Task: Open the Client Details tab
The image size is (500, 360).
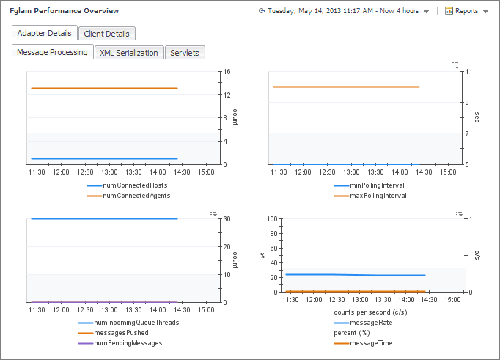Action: coord(106,33)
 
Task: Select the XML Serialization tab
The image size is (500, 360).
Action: coord(128,53)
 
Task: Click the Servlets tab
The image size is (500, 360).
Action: coord(185,53)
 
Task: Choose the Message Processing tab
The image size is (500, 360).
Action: coord(52,53)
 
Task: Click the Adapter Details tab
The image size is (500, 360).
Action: coord(45,33)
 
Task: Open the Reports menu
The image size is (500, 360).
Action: coord(466,11)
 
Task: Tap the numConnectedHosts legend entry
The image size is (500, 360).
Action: coord(135,185)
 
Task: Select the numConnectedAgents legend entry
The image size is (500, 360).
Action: coord(136,196)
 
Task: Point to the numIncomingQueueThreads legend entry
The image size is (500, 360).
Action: coord(136,322)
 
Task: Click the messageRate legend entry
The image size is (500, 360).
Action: coord(371,322)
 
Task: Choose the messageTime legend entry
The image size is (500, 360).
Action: coord(372,342)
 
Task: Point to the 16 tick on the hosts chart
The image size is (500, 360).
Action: coord(227,72)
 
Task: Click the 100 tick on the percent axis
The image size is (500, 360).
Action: coord(271,219)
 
